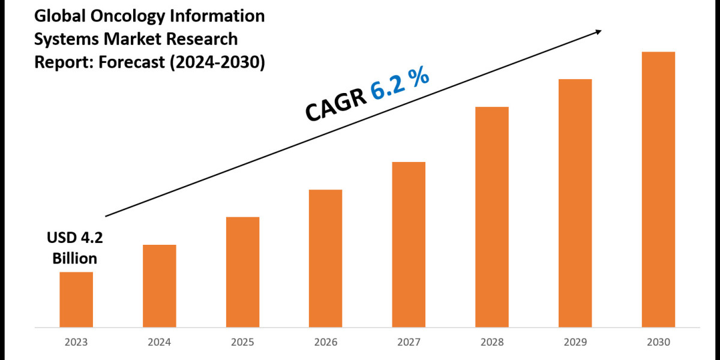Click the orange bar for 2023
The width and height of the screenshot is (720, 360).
(76, 299)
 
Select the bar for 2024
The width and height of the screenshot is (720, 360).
(160, 286)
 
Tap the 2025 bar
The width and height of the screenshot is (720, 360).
(243, 272)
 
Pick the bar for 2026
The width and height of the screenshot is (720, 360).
(326, 259)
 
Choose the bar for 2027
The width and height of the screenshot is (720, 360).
(409, 245)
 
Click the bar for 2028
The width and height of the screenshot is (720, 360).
(492, 217)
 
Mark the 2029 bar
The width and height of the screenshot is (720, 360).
(575, 203)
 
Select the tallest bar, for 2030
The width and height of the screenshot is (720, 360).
(658, 190)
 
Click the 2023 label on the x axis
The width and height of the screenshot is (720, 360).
(76, 342)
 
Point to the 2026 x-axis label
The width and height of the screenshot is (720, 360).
(326, 342)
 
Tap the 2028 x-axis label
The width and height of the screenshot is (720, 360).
(492, 342)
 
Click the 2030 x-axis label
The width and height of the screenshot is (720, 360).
(658, 342)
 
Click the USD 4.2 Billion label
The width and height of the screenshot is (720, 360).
(75, 248)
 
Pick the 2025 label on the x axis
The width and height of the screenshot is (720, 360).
(243, 342)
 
